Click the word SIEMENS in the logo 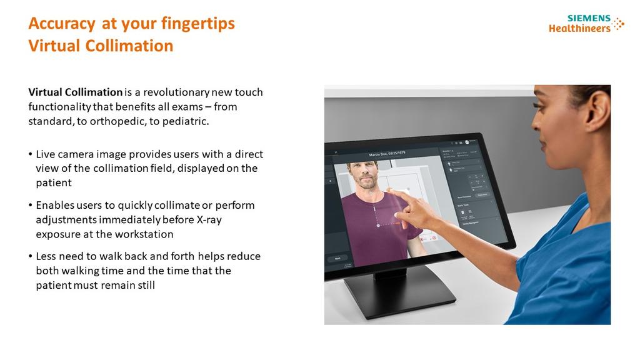click(589, 18)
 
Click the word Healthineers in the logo click(579, 28)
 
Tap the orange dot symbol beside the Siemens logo click(619, 24)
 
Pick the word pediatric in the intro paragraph click(186, 121)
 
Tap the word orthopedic click(117, 121)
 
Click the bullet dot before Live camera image click(31, 154)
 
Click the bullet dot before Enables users click(31, 206)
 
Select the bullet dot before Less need click(31, 257)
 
